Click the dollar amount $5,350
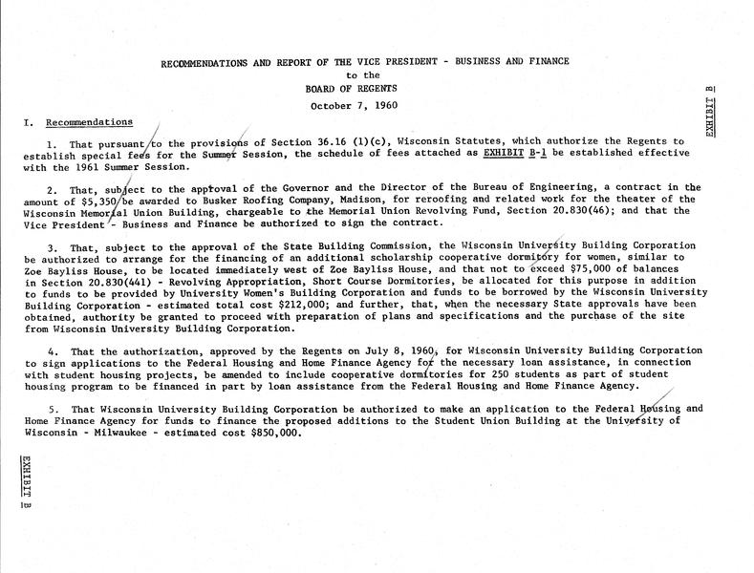pyautogui.click(x=123, y=202)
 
